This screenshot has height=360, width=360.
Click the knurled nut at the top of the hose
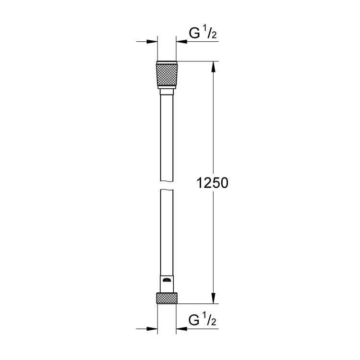(167, 76)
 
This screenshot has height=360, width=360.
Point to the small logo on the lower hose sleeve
(167, 280)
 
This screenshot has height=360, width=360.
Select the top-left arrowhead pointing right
(154, 42)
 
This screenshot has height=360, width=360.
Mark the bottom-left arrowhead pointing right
(154, 329)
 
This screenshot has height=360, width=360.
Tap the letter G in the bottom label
(193, 320)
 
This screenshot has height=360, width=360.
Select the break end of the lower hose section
(167, 191)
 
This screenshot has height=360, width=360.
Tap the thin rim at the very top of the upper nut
(167, 62)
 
